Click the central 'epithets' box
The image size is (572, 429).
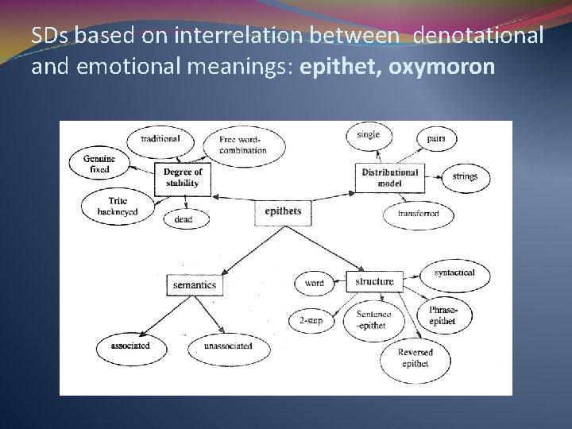pos(283,211)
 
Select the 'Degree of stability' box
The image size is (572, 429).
pos(183,177)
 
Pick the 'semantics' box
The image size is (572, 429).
pos(193,284)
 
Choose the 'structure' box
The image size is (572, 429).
pos(374,281)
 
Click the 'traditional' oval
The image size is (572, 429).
pos(160,139)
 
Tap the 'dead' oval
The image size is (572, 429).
pos(183,219)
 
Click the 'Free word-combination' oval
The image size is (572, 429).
pos(244,145)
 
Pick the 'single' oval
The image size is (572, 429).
pos(369,135)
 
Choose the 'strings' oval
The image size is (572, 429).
pos(466,177)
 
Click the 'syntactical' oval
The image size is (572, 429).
pos(454,272)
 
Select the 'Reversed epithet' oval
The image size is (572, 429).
pos(415,357)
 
